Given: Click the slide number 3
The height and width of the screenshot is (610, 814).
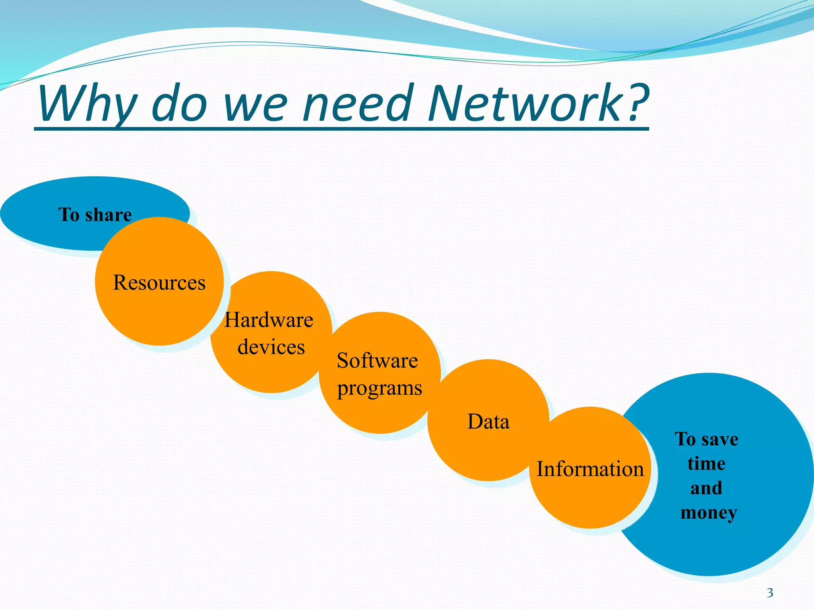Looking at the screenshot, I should [x=770, y=593].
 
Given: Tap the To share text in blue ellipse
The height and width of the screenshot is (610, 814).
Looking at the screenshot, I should [x=95, y=215].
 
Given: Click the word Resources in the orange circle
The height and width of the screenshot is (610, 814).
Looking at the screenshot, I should [x=159, y=283].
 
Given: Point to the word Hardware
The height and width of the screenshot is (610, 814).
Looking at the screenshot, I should [x=269, y=320].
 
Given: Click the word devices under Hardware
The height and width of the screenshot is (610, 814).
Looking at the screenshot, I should [x=271, y=347].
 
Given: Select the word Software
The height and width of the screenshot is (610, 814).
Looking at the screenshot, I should [x=377, y=361].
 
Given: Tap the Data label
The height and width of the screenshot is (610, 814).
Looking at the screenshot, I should [x=488, y=422].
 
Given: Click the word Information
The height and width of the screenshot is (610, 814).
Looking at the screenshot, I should [x=590, y=469].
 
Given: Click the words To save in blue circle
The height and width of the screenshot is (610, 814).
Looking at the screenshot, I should [x=706, y=439].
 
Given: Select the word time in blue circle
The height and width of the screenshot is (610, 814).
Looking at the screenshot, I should [x=706, y=463].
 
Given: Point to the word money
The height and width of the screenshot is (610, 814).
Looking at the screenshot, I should [x=709, y=513].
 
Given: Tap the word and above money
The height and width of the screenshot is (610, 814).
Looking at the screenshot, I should [x=706, y=488].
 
